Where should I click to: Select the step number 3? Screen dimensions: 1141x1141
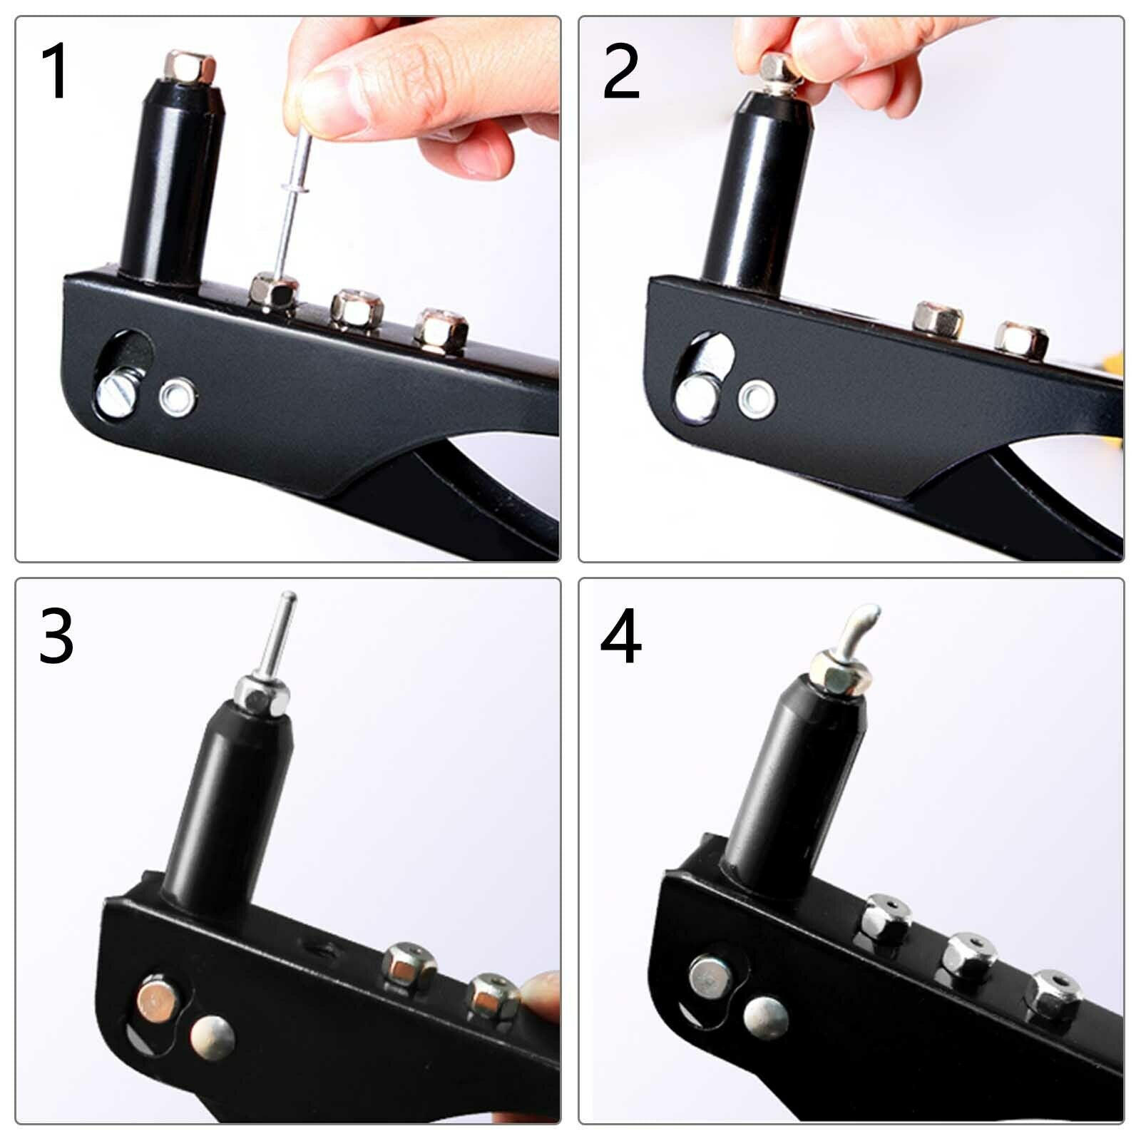[x=56, y=635]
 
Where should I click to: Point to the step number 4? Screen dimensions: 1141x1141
[x=620, y=636]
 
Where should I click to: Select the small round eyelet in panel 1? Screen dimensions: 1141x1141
[x=177, y=397]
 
